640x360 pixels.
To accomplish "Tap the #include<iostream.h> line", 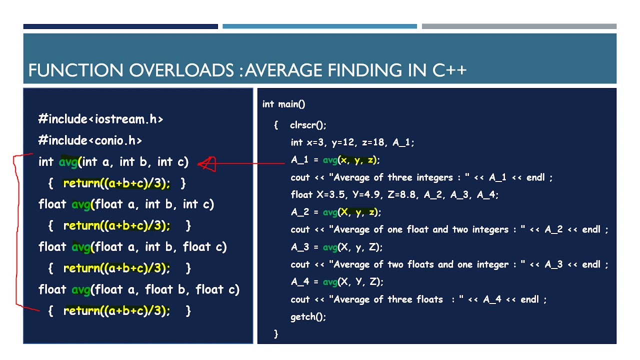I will tap(100, 119).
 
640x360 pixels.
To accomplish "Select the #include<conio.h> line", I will tap(90, 140).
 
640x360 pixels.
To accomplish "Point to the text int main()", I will tap(283, 104).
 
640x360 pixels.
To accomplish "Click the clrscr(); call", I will tap(308, 125).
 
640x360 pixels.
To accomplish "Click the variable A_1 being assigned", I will tap(300, 160).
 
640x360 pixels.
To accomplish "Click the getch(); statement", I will tap(308, 316).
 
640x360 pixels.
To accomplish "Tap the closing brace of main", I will tap(276, 333).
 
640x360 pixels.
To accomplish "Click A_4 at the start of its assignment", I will tap(300, 282).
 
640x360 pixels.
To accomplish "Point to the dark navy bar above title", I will tap(120, 26).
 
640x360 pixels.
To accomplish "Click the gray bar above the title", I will tap(519, 26).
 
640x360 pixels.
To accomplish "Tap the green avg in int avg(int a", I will tap(68, 162).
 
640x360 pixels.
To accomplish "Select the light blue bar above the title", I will tap(319, 26).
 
